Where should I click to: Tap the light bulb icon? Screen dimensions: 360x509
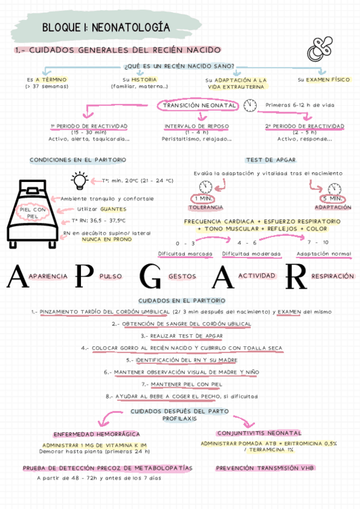79,179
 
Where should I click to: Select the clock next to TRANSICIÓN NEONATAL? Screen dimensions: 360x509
250,106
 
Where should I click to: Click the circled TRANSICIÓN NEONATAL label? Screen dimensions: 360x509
199,106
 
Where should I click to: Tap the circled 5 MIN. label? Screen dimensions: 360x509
332,199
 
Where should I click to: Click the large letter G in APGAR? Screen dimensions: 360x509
149,277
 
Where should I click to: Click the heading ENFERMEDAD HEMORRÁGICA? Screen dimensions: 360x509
97,434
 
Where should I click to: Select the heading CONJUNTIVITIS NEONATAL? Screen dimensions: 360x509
259,433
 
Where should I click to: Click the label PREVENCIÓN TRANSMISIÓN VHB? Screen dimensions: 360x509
265,468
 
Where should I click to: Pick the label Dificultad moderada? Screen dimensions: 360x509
251,254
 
